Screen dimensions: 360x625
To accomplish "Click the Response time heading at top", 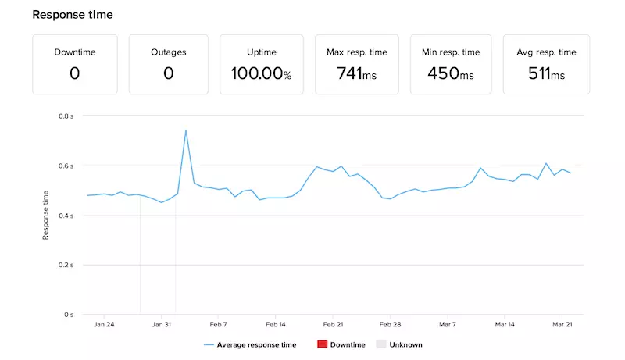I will click(x=72, y=14).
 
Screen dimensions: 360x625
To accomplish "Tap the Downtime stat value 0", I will click(x=75, y=73).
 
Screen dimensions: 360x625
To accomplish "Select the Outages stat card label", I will click(x=168, y=52).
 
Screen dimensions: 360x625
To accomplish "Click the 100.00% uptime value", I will click(x=261, y=74).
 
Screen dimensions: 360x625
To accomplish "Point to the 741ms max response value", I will click(x=356, y=74).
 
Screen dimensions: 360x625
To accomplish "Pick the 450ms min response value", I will click(x=451, y=74).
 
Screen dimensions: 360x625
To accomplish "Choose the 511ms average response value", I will click(x=545, y=74).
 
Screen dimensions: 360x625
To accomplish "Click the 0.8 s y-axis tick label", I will click(x=66, y=116).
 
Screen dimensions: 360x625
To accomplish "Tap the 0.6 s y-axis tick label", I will click(x=66, y=166).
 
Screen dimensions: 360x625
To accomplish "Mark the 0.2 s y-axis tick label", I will click(x=66, y=265).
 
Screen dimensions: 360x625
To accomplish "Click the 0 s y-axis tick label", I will click(x=69, y=315).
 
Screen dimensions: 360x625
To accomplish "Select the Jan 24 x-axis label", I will click(x=104, y=324).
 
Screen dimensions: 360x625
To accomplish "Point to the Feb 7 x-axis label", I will click(x=219, y=324).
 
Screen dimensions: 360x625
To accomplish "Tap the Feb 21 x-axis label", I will click(x=334, y=324).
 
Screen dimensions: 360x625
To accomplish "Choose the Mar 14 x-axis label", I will click(x=505, y=324).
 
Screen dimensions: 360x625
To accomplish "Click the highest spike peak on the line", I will click(x=186, y=130).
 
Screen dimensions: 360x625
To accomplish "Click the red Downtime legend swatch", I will click(x=322, y=344).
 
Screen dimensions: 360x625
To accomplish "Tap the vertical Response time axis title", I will click(x=46, y=215).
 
